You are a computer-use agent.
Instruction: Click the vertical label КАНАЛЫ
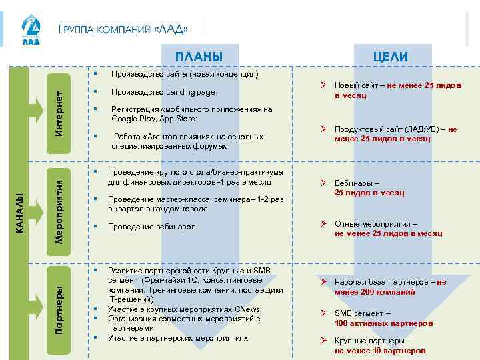tap(20, 212)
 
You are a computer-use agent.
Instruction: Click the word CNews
tap(247, 309)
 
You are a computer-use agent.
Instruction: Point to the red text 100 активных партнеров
tap(383, 323)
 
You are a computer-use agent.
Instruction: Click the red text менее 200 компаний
tap(375, 292)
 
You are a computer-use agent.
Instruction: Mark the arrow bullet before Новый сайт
tap(321, 86)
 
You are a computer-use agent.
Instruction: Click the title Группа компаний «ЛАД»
tap(123, 29)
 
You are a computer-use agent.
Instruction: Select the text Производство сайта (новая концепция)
tap(185, 74)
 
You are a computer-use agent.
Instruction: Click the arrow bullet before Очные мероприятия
tap(321, 224)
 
